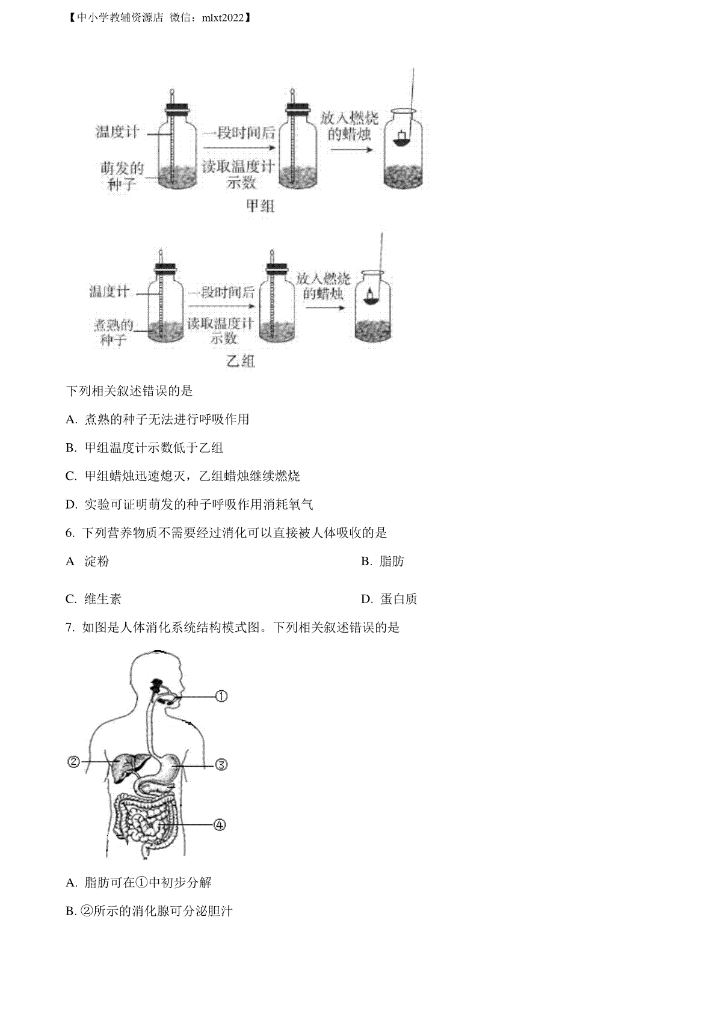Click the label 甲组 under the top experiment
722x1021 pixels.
point(261,206)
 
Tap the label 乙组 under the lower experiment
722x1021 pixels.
point(240,361)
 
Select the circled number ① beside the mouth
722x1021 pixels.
point(221,696)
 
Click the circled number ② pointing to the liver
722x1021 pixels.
point(73,761)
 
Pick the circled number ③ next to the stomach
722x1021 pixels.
point(221,764)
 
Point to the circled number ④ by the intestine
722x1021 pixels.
point(220,824)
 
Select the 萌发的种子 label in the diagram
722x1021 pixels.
point(122,176)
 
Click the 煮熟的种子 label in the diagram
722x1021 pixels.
point(113,333)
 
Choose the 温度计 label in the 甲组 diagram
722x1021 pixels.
point(117,132)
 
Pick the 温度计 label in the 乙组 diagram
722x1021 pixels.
point(110,291)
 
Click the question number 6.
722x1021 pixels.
point(70,533)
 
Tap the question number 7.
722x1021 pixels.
point(70,628)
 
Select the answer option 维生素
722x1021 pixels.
point(103,599)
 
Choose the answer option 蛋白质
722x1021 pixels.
point(399,599)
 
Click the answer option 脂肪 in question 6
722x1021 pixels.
point(392,561)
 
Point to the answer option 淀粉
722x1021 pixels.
point(97,561)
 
